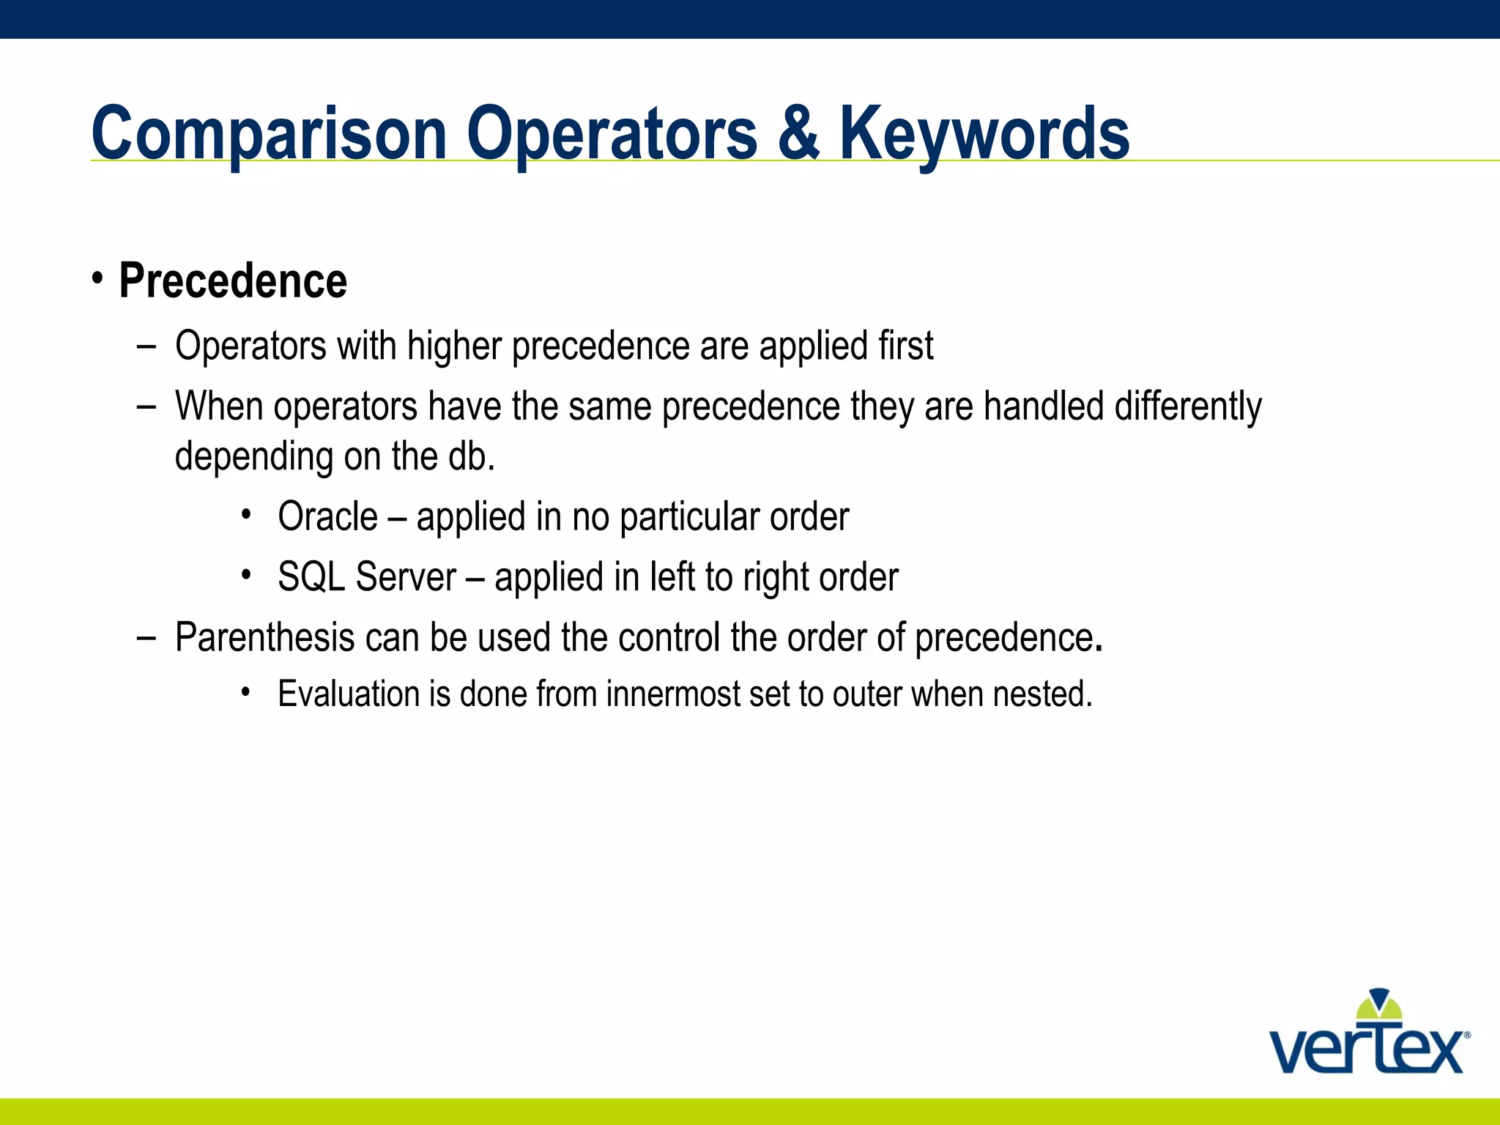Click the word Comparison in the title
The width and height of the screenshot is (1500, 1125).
point(269,133)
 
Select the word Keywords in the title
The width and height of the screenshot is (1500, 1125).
point(984,133)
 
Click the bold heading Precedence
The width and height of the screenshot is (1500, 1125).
point(233,281)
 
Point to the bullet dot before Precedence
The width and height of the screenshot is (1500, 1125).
point(98,279)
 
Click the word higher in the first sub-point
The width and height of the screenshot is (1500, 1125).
point(454,346)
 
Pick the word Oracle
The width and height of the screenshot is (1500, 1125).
point(327,517)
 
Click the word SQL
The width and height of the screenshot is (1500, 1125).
point(311,577)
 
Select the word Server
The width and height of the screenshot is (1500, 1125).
point(406,577)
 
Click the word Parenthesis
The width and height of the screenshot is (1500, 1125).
point(264,637)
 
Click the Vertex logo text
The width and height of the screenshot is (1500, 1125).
point(1367,1051)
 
